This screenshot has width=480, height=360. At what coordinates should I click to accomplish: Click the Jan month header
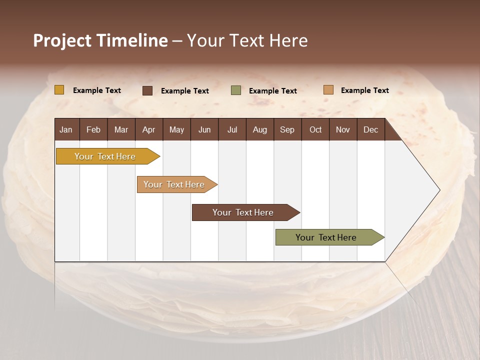(66, 129)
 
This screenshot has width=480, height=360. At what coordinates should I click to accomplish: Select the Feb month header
(93, 129)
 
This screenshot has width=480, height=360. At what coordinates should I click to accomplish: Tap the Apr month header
(148, 129)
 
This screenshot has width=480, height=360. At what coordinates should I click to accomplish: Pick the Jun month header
(204, 129)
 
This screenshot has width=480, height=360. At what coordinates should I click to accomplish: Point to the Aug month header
(259, 129)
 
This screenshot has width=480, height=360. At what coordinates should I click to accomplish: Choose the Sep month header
(287, 129)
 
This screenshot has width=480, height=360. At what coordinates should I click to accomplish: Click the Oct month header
(315, 129)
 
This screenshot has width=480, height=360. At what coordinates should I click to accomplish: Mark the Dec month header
(370, 129)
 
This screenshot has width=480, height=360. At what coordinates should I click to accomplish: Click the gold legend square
(59, 90)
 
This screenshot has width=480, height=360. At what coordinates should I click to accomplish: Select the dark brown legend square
(147, 90)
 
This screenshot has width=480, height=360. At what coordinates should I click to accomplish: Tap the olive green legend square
(236, 90)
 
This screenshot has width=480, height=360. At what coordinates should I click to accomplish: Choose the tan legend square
(328, 90)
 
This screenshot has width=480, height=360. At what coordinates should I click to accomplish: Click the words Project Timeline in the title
(100, 40)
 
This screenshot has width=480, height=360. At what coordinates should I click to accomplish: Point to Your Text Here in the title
(247, 40)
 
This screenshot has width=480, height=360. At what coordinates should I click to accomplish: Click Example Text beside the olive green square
(273, 91)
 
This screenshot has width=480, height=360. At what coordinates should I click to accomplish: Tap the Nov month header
(343, 129)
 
